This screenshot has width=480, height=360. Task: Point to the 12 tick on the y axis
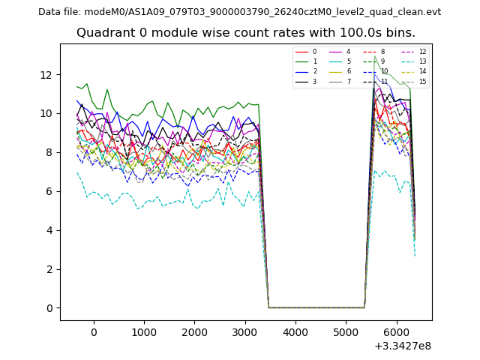point(46,74)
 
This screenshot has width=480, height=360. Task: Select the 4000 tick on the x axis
point(295,331)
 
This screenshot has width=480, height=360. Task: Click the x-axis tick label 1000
point(144,331)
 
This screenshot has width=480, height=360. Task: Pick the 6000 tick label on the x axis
point(396,331)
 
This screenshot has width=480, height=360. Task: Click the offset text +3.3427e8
point(402,346)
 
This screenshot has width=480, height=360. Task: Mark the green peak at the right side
point(374,56)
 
